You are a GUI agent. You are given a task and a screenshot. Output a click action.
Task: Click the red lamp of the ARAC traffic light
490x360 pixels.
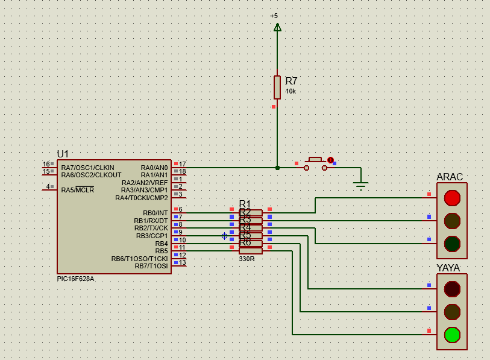[x=452, y=198]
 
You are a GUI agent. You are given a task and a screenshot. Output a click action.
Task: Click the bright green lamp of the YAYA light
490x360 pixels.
[x=452, y=334]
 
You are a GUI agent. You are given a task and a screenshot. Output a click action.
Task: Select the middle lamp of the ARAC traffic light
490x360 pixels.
[x=452, y=221]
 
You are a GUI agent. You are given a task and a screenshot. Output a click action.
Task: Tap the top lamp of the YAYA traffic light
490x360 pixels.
[x=452, y=289]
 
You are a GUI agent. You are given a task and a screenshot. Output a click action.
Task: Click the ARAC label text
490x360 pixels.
[x=450, y=177]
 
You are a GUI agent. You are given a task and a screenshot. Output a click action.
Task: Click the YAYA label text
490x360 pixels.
[x=448, y=268]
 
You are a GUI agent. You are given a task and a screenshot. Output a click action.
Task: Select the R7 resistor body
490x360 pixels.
[x=277, y=87]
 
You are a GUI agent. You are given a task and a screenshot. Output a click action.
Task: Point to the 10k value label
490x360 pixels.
[x=291, y=92]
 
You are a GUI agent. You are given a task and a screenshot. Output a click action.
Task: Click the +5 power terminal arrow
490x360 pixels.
[x=277, y=27]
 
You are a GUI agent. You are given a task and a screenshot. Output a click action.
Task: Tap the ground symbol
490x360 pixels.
[x=360, y=186]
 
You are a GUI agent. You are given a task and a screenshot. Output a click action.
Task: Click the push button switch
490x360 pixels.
[x=316, y=163]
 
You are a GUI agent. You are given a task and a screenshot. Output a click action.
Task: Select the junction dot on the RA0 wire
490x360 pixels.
[x=277, y=168]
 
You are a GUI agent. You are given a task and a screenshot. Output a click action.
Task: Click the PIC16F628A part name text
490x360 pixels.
[x=75, y=279]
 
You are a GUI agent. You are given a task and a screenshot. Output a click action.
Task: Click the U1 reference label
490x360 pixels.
[x=63, y=154]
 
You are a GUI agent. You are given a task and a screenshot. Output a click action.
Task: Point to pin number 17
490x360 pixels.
[x=182, y=164]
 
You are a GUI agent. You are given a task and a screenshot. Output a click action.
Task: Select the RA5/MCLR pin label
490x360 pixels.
[x=77, y=190]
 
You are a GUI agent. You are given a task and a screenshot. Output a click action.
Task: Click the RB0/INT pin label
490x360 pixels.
[x=155, y=213]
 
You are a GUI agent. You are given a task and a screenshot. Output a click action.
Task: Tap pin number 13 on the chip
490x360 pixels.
[x=182, y=262]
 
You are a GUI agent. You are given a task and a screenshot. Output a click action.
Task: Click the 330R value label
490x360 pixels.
[x=247, y=259]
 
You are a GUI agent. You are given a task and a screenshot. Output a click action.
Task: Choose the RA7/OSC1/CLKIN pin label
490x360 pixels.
[x=87, y=168]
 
